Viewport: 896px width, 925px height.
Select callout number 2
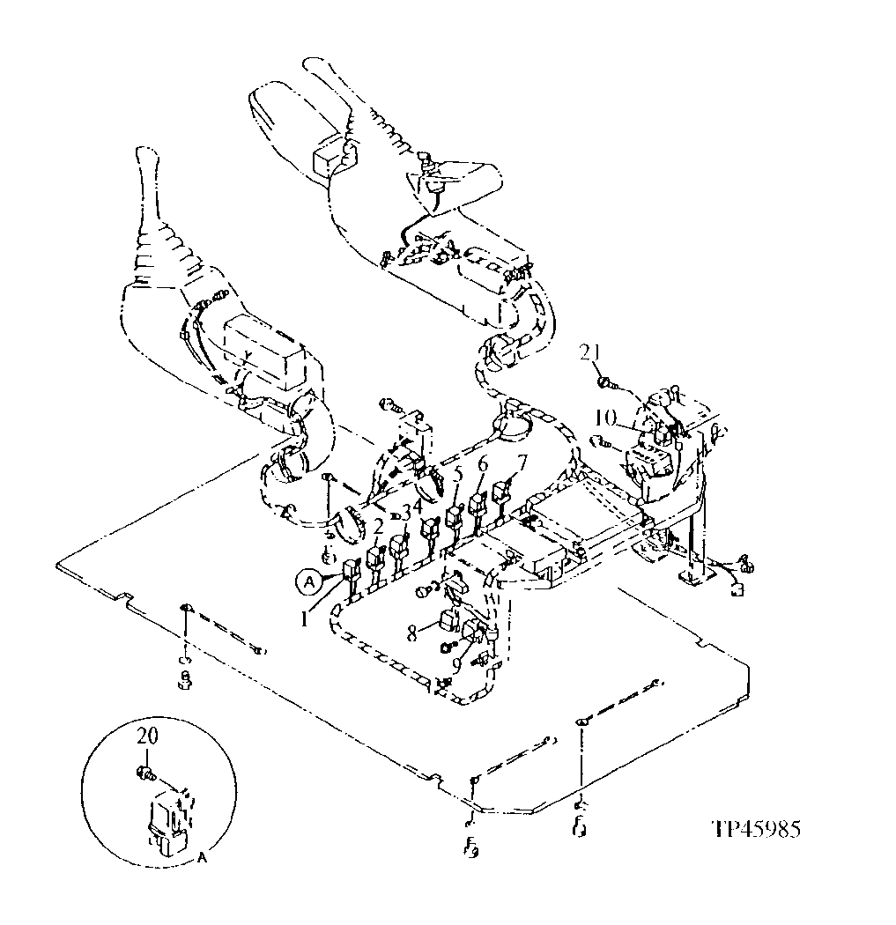377,528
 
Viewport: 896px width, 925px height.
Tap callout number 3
406,512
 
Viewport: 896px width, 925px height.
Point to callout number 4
420,505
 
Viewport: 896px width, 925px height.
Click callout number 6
482,465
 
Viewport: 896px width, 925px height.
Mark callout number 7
522,461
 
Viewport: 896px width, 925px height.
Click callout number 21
590,353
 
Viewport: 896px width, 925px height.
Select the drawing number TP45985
758,829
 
